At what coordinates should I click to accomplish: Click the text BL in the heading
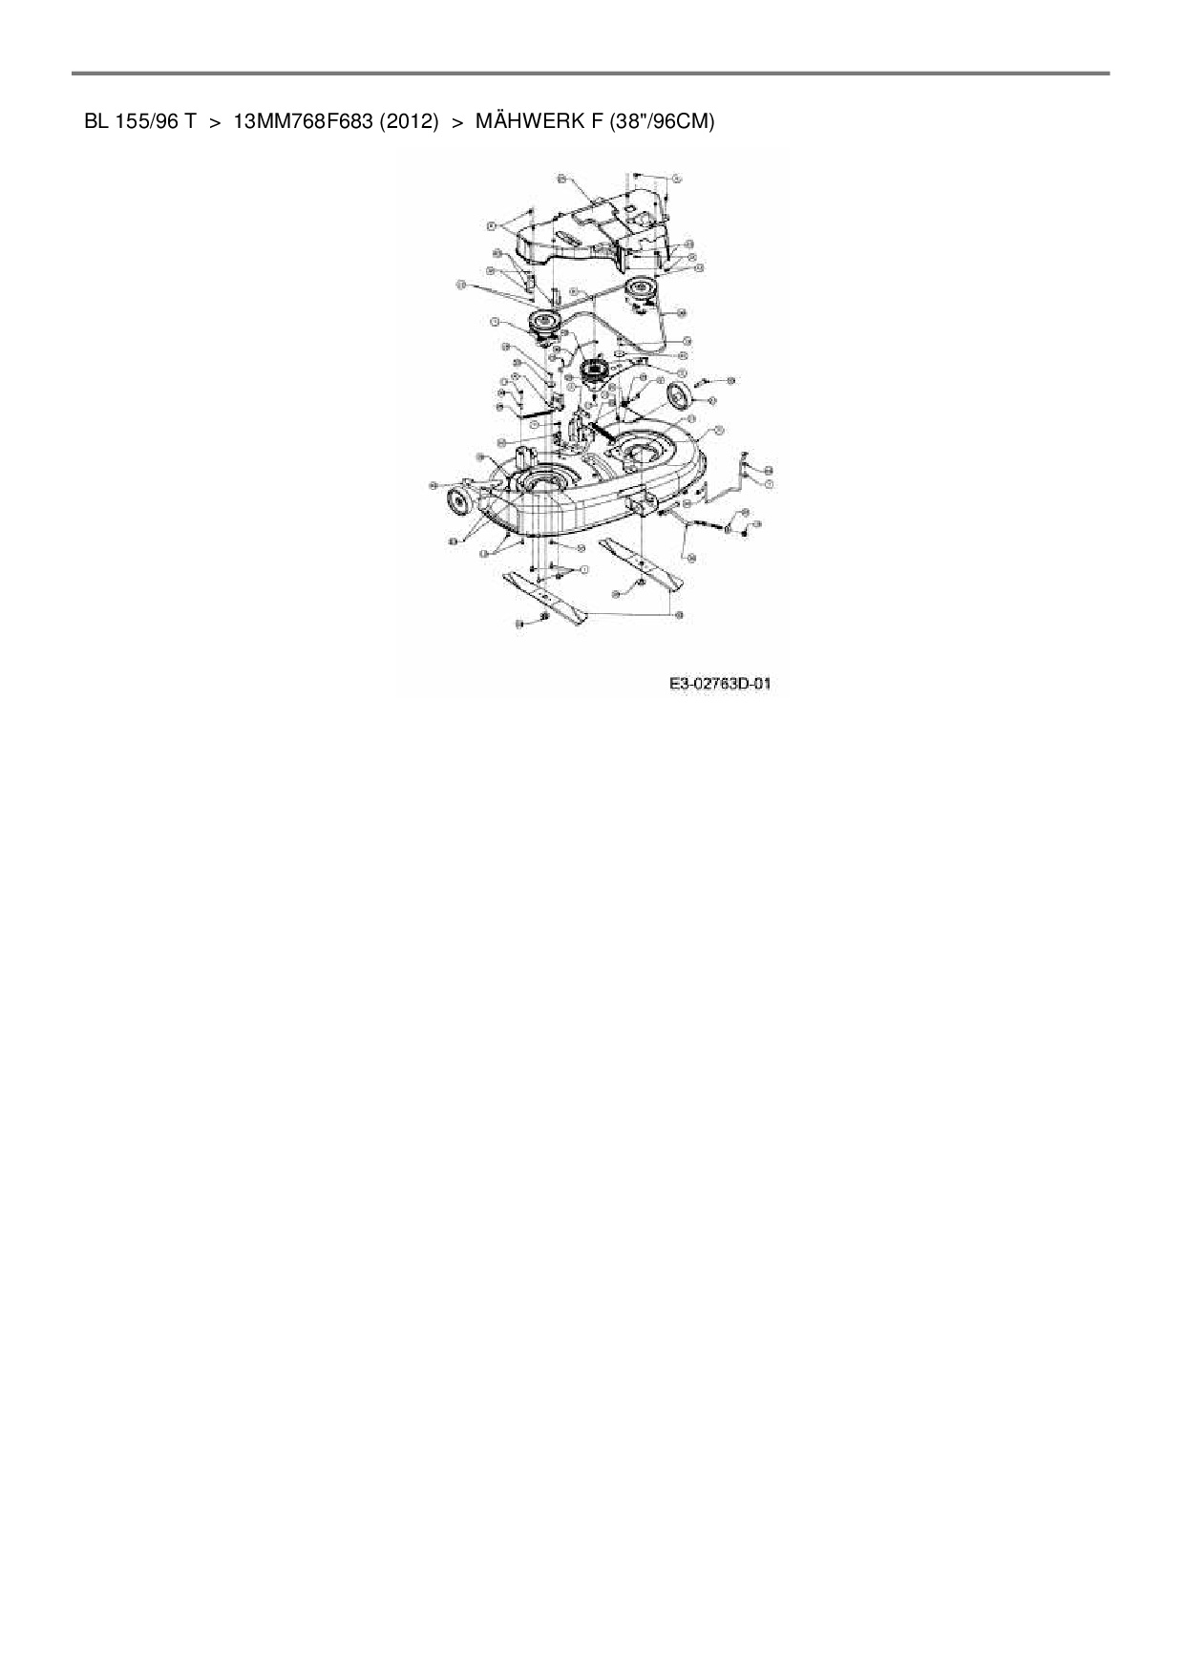[x=95, y=121]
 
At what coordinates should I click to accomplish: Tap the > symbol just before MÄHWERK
[x=456, y=121]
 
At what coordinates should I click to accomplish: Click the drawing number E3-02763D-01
[x=719, y=684]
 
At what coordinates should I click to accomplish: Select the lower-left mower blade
[x=547, y=600]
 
